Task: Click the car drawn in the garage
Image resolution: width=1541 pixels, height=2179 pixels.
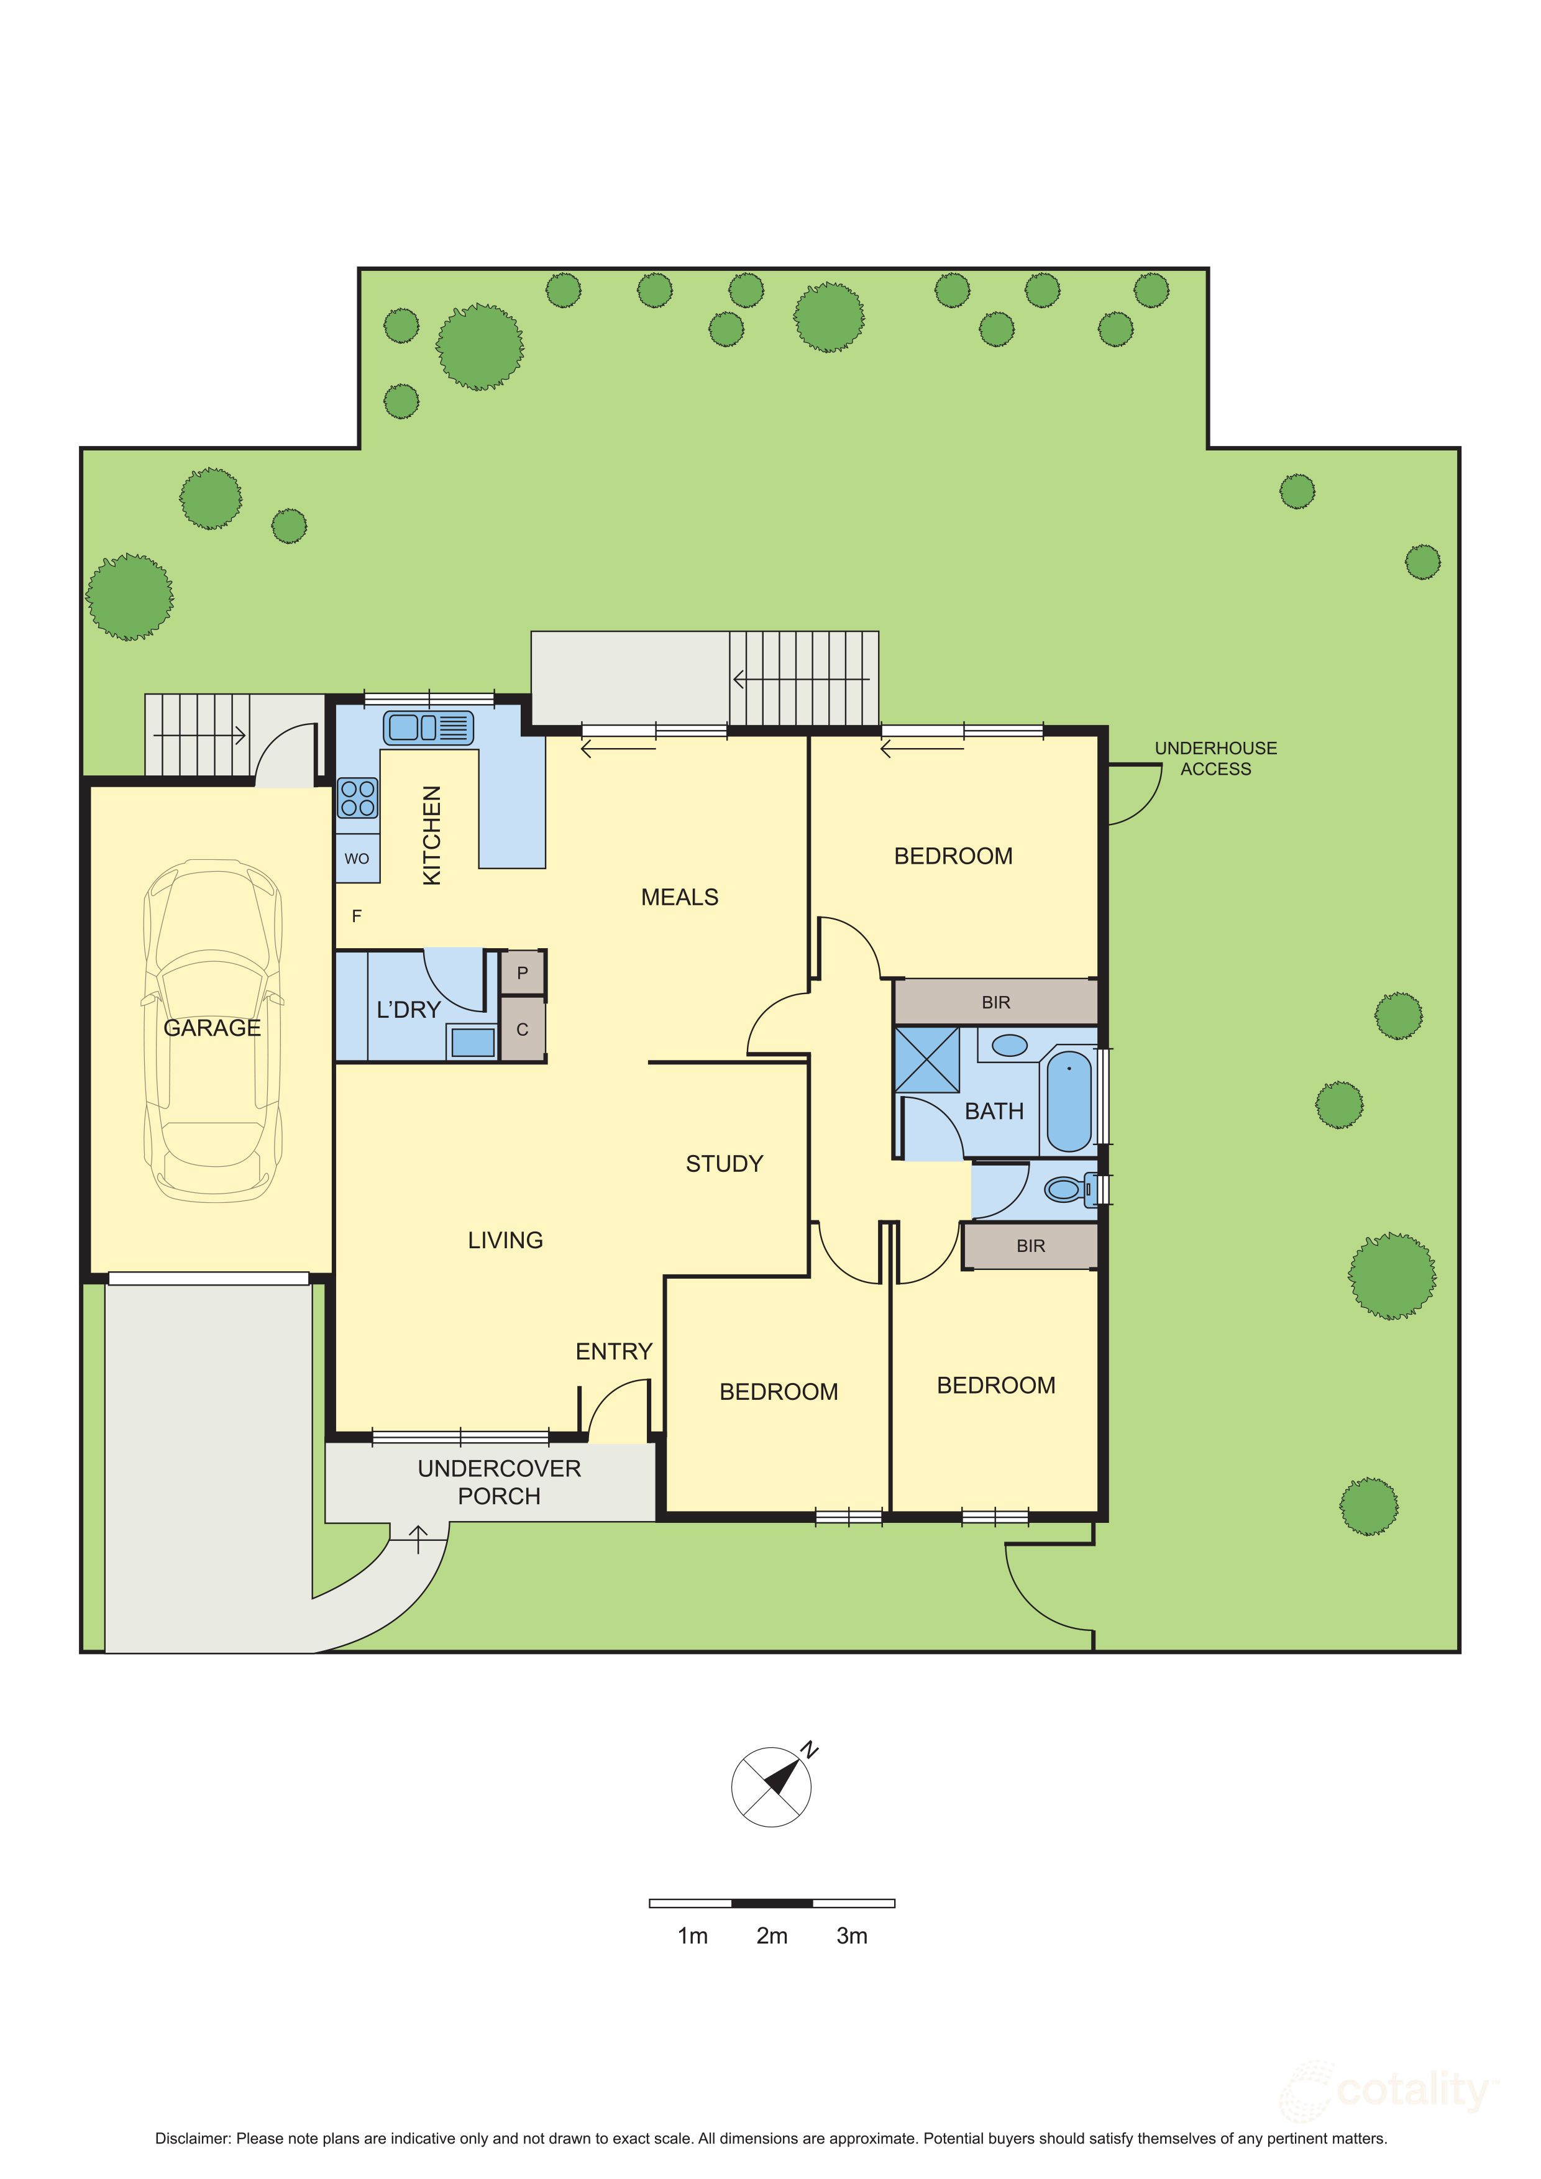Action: point(213,1031)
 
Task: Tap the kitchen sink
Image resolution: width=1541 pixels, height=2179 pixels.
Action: point(429,728)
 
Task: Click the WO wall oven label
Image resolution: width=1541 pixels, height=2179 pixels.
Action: point(357,859)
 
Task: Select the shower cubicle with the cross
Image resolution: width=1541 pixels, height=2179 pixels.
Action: point(927,1059)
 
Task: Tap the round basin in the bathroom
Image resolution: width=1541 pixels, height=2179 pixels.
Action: point(1010,1046)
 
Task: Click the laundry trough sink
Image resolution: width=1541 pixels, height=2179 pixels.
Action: point(472,1042)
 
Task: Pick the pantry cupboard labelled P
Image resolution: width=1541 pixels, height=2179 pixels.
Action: point(522,973)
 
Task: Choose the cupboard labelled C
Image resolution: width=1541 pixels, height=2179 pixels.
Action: point(522,1029)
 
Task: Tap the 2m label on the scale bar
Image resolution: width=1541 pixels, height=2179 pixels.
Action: point(772,1936)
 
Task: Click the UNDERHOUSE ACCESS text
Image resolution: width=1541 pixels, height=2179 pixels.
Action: point(1215,758)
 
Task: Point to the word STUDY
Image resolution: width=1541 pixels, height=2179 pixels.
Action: point(724,1164)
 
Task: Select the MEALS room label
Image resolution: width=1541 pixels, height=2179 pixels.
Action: point(679,897)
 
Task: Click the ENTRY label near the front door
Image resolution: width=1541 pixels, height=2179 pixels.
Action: point(614,1351)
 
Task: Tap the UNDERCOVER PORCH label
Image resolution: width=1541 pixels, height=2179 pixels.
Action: point(499,1481)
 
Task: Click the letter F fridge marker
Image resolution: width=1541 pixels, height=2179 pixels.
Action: point(357,916)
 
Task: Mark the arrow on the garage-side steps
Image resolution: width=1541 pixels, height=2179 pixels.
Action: point(200,734)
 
